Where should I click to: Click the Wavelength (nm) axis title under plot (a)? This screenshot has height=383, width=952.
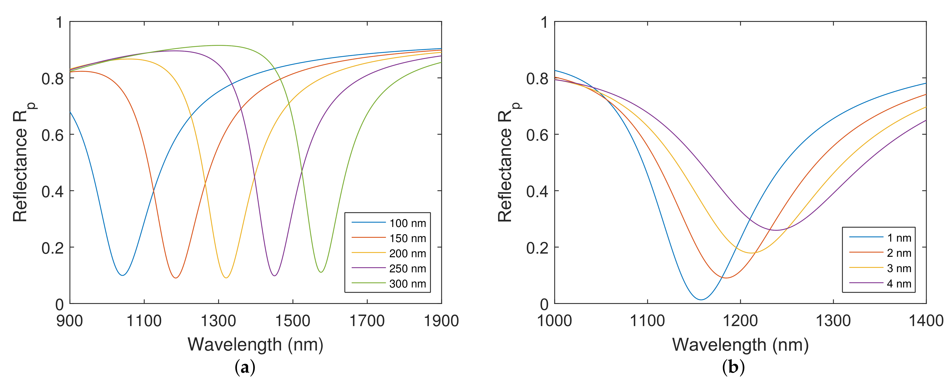coord(256,345)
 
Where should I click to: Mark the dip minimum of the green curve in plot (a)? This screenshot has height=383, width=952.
coord(321,272)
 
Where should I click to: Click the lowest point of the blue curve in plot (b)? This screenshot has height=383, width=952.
coord(701,300)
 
